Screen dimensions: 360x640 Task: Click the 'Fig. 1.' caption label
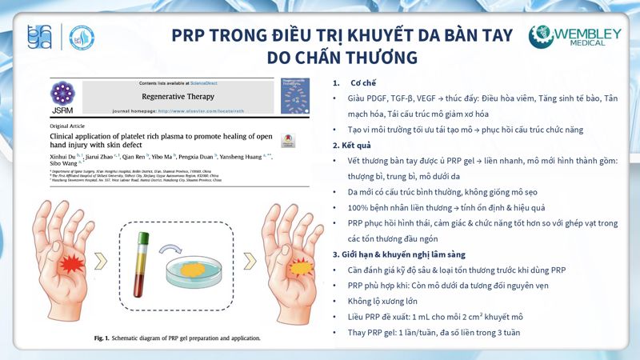pyautogui.click(x=103, y=338)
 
